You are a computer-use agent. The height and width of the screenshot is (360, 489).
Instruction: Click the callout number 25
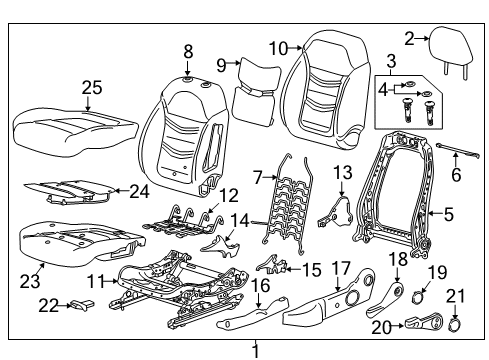[x=92, y=89]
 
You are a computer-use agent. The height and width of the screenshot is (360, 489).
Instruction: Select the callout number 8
[x=187, y=50]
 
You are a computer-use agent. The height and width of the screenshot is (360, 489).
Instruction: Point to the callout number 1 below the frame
[x=255, y=351]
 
